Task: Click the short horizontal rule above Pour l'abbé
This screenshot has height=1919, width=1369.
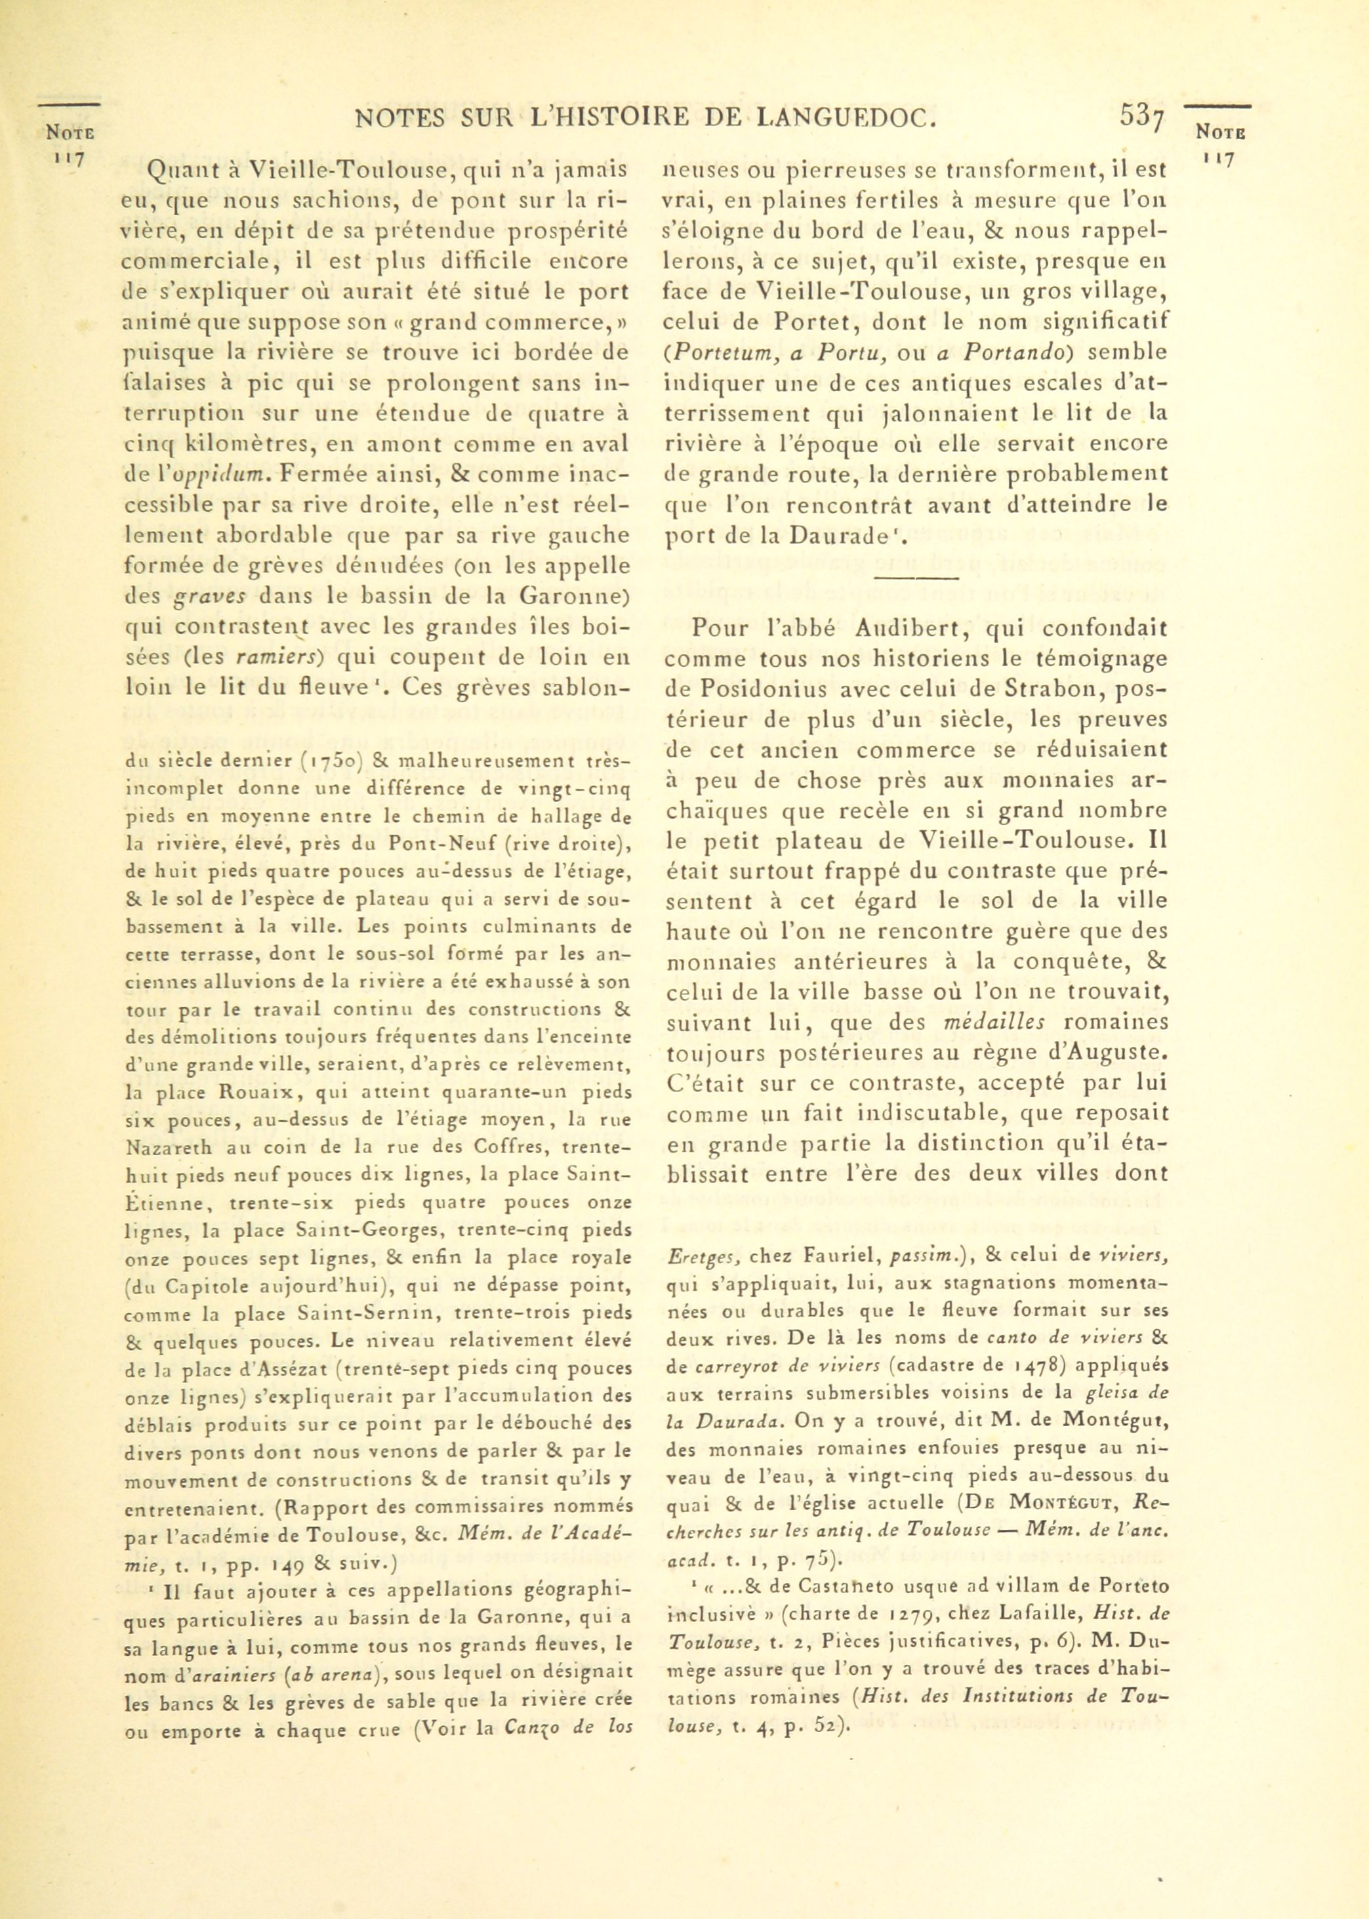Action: tap(917, 578)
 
